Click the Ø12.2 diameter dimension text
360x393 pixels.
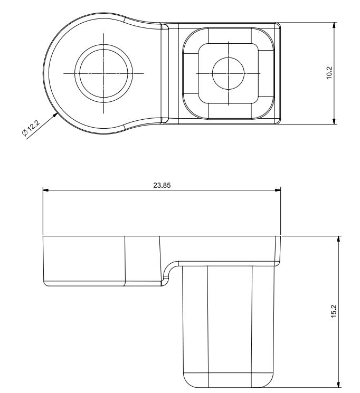coord(31,128)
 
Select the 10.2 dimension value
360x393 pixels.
coord(329,73)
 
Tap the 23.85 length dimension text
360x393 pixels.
coord(162,185)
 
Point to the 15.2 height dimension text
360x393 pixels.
coord(334,311)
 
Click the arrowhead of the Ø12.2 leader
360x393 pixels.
coord(55,116)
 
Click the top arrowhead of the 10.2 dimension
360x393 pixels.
coord(334,25)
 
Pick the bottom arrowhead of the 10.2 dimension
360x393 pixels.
coord(334,121)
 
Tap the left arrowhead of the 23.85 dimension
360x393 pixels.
coord(45,190)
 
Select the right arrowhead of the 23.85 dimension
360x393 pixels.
coord(278,190)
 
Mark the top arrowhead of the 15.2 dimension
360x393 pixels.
coord(339,239)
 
